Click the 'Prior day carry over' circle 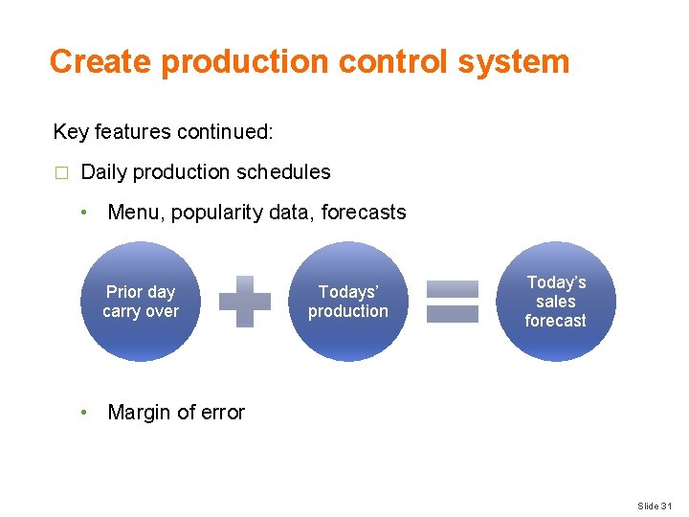tap(141, 302)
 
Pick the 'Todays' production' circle tap(348, 302)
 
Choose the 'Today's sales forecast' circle tap(555, 302)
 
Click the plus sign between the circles tap(245, 302)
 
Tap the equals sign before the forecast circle tap(452, 302)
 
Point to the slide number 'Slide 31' tap(656, 506)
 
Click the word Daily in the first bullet tap(104, 172)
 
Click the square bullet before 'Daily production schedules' tap(61, 173)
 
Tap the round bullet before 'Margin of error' tap(85, 413)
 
